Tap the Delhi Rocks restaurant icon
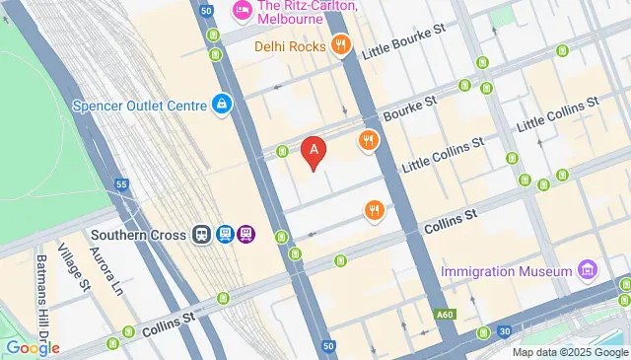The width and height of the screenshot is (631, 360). (340, 44)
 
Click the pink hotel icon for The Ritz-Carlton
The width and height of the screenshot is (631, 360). (241, 11)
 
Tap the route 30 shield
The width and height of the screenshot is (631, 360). (504, 331)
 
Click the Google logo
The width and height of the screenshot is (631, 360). (32, 347)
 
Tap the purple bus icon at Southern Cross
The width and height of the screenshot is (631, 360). (245, 235)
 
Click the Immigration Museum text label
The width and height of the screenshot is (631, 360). (507, 271)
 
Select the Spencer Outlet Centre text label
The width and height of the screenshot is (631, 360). (138, 105)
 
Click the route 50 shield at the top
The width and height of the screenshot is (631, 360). (206, 11)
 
